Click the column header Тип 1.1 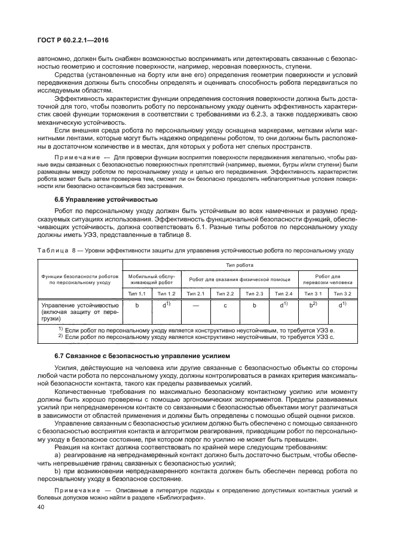[x=137, y=294]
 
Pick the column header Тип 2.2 [x=225, y=294]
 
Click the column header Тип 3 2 [x=342, y=294]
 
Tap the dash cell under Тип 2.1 [x=195, y=306]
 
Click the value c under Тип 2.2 [x=225, y=306]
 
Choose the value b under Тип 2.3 [x=254, y=306]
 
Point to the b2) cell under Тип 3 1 [x=313, y=306]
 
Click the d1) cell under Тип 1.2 [x=167, y=306]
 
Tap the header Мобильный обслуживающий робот [x=152, y=279]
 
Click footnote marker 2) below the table [x=60, y=337]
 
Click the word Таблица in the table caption [x=56, y=251]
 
